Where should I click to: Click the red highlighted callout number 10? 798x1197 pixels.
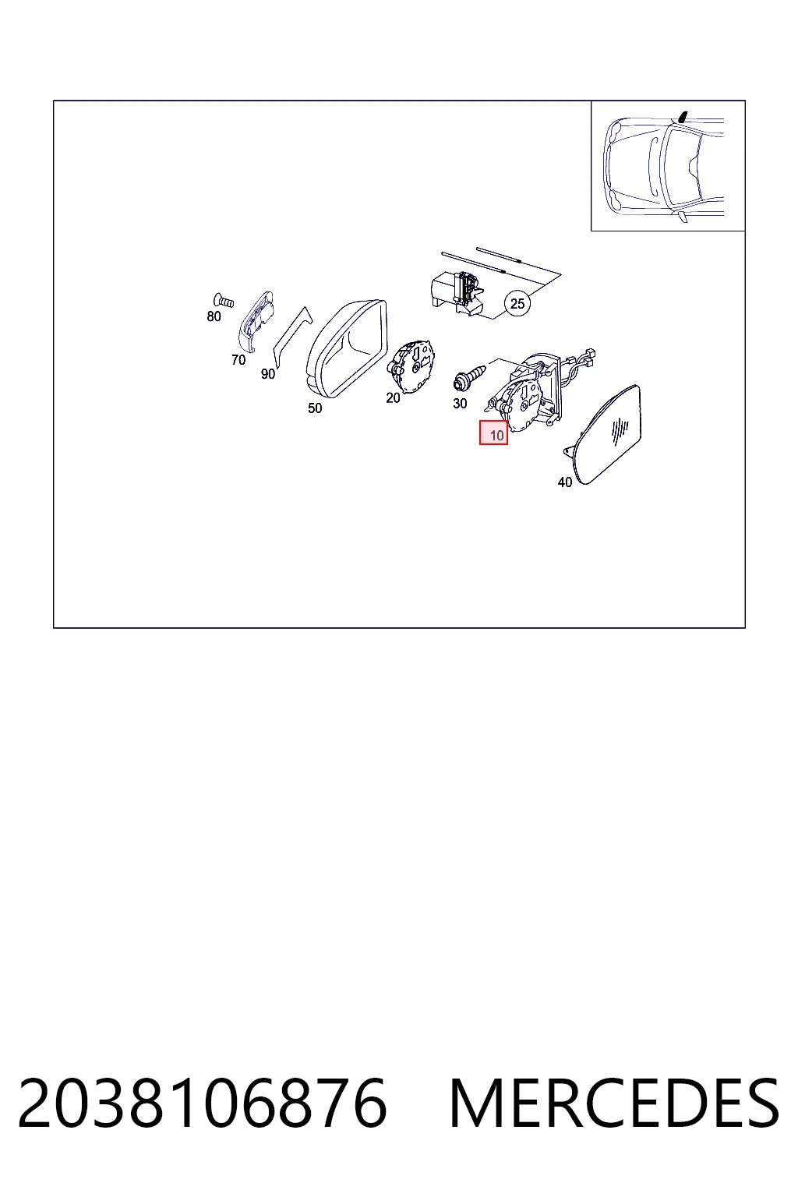(493, 433)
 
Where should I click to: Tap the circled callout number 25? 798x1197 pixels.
(517, 303)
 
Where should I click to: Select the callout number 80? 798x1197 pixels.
(214, 316)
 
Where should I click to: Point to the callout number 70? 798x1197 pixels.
(238, 360)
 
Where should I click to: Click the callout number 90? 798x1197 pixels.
(268, 374)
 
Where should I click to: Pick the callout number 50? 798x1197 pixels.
(315, 408)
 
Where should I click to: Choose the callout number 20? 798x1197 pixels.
(393, 398)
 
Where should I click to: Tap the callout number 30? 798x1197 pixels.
(460, 404)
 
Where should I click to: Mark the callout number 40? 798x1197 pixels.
(565, 482)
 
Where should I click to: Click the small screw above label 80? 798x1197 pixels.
(224, 301)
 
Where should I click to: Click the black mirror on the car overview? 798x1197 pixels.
(683, 116)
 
